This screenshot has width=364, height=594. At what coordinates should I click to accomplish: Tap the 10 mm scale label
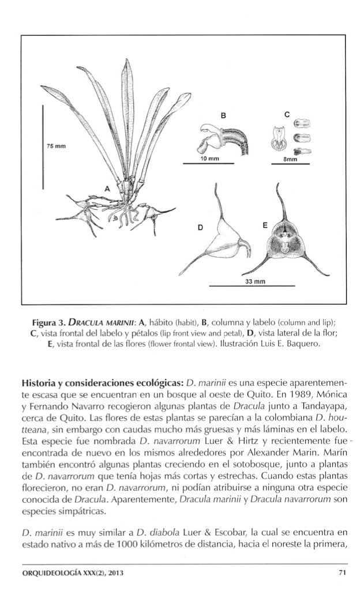208,157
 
